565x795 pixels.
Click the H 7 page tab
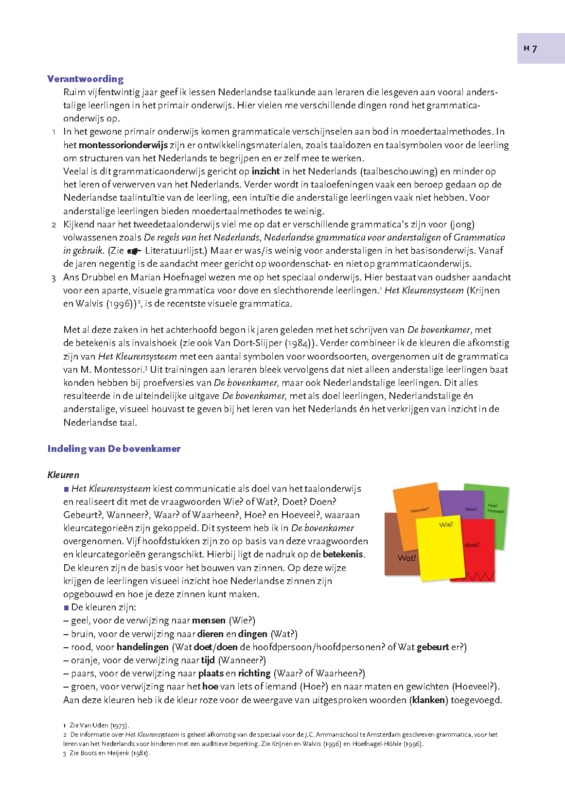540,48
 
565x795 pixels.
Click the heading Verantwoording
86,79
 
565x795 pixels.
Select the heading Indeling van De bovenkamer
114,449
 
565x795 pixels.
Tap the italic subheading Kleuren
63,475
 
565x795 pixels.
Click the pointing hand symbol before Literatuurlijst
134,251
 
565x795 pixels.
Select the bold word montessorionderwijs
123,145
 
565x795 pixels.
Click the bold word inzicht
265,171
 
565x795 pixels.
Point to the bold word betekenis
343,554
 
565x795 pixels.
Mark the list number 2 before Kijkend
54,225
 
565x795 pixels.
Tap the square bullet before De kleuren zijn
67,607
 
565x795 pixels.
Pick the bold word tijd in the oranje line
208,660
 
